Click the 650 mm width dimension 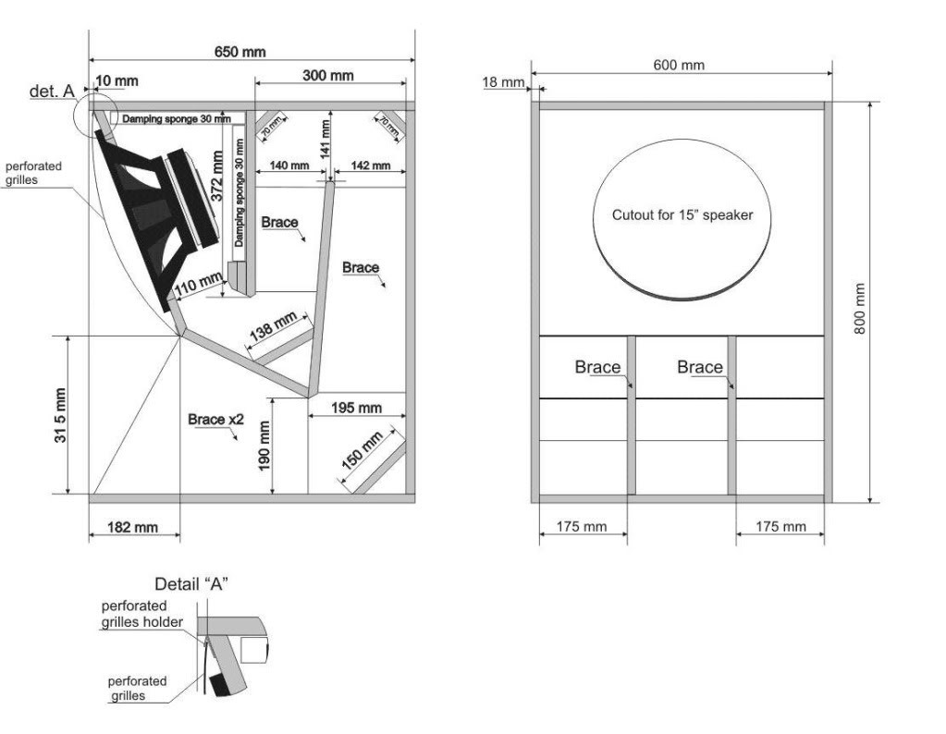[240, 52]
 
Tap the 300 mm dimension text [327, 76]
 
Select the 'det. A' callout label [52, 92]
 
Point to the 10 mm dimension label [117, 80]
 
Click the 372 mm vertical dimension [217, 176]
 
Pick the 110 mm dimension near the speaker [199, 284]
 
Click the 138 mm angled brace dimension [273, 326]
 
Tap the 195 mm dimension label [357, 409]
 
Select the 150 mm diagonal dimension [362, 450]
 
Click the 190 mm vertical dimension [264, 447]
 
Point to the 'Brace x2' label [215, 419]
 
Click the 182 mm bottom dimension [133, 528]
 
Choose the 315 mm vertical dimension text [60, 416]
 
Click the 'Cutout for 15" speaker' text [682, 215]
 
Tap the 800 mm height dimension [860, 309]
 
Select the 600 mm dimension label [679, 65]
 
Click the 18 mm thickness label [504, 82]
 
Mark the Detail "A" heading [191, 584]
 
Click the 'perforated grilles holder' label [142, 614]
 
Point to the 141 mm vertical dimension [326, 140]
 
